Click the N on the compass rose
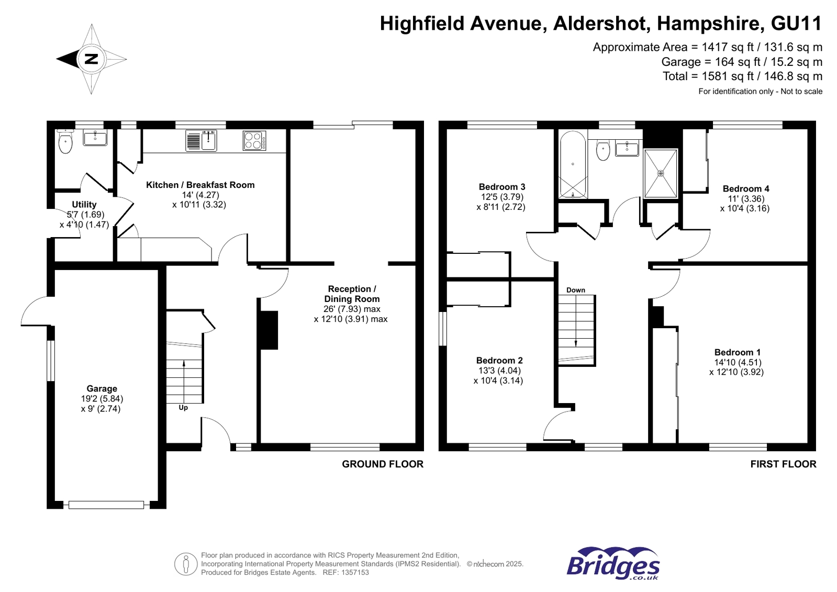coord(91,59)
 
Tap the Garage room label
coord(102,388)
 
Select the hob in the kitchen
coord(254,140)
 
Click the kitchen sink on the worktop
coord(208,141)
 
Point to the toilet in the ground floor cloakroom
coord(65,142)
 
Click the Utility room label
coord(84,204)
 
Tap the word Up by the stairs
coord(183,408)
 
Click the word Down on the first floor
coord(575,290)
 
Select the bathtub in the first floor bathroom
coord(573,164)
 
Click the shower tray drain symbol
coord(661,173)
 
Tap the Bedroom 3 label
coord(501,187)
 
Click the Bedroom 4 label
coord(745,188)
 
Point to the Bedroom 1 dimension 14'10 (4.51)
coord(738,362)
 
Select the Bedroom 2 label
coord(499,360)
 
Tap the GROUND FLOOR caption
coord(382,464)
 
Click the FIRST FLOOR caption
coord(783,464)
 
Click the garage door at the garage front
coord(106,505)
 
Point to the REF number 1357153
coord(355,573)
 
